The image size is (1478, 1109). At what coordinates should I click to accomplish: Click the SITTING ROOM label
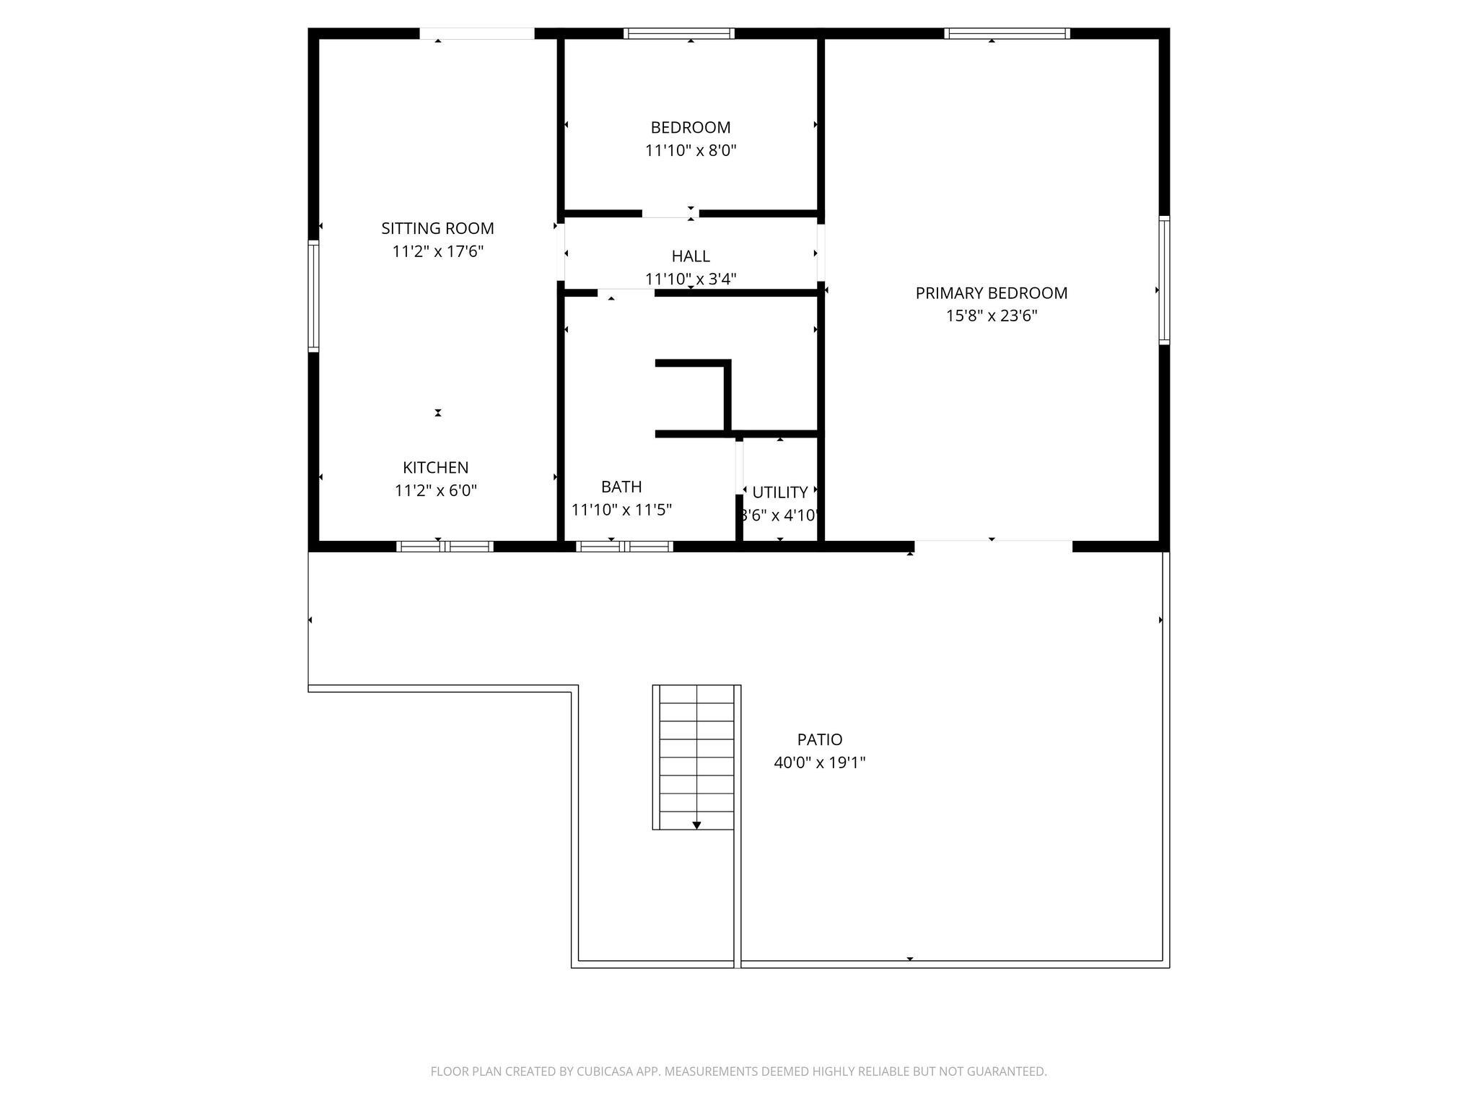pos(437,228)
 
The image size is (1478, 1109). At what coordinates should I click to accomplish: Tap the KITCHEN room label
pos(435,467)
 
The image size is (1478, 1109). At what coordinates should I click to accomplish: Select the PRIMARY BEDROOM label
pos(992,293)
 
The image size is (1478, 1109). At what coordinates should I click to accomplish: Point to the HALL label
pos(691,256)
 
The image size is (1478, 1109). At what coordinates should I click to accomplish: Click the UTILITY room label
pos(779,492)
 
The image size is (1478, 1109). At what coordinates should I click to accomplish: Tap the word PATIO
pos(820,739)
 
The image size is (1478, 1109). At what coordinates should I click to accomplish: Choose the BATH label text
pos(621,487)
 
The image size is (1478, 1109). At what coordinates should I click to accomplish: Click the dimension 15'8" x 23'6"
pos(992,316)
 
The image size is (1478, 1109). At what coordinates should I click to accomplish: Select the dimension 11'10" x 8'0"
pos(691,150)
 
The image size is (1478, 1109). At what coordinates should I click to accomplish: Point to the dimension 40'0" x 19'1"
pos(820,762)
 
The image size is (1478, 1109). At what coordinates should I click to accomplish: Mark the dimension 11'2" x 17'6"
pos(437,251)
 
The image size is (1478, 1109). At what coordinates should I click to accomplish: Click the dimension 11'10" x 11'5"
pos(621,510)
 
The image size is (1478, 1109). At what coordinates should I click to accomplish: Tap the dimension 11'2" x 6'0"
pos(435,490)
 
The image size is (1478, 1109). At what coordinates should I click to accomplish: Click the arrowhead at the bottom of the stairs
pos(696,825)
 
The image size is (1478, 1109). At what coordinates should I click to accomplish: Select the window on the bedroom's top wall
pos(679,33)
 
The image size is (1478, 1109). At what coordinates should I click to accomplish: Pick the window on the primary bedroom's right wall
pos(1164,280)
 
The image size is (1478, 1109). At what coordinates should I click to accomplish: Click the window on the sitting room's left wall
pos(313,297)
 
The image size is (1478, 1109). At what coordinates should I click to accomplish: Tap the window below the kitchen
pos(445,547)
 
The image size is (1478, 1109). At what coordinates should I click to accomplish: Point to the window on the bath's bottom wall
pos(624,547)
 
